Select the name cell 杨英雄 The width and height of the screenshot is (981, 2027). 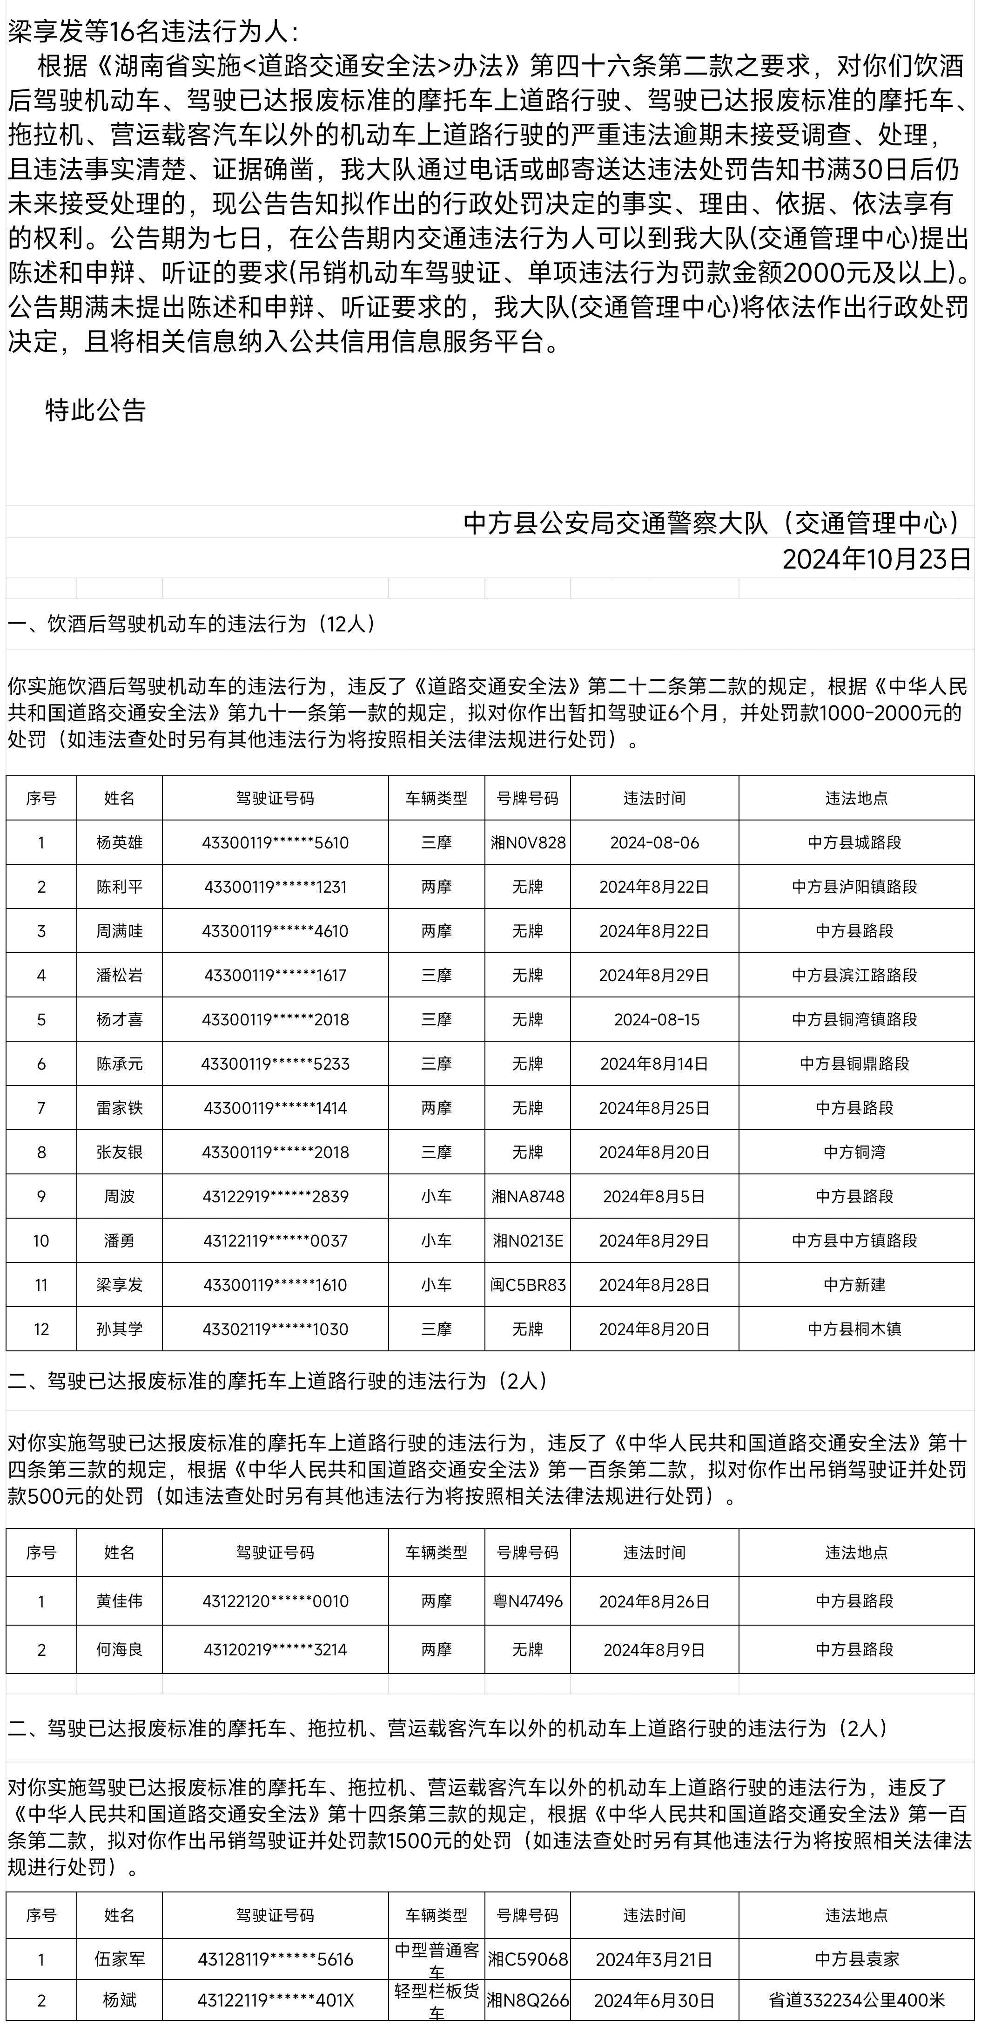120,843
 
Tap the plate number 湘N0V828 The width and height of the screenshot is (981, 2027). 528,843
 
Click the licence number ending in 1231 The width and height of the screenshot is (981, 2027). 275,887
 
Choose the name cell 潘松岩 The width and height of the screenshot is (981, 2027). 120,975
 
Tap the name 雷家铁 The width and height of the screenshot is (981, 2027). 120,1108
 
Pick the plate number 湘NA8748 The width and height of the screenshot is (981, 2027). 528,1196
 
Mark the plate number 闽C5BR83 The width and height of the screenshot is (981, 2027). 528,1285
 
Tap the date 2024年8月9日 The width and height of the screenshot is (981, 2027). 654,1650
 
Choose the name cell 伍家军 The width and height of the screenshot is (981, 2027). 120,1959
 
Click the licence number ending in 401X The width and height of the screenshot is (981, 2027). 275,2000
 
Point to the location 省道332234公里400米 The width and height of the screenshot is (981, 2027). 856,2000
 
